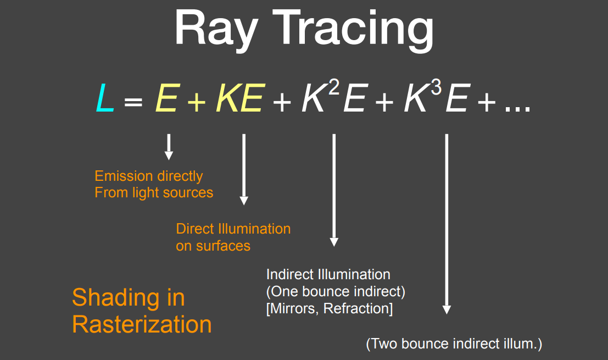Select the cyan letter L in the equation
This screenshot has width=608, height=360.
(x=105, y=98)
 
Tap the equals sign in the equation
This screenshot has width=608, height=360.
(x=133, y=102)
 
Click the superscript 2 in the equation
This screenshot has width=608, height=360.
(x=334, y=87)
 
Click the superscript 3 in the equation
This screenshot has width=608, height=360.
(x=436, y=87)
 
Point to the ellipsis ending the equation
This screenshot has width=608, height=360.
(x=518, y=109)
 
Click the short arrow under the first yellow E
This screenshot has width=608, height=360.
(x=169, y=147)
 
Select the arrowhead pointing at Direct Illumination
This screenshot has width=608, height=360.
(x=244, y=201)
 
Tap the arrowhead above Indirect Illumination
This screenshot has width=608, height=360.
(x=334, y=242)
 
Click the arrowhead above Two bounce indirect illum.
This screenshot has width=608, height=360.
(x=447, y=309)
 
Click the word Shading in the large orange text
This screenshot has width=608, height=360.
(x=116, y=298)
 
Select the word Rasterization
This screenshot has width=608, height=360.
(x=142, y=324)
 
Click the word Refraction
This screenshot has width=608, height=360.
(x=358, y=309)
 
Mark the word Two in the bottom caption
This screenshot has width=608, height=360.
(x=384, y=344)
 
